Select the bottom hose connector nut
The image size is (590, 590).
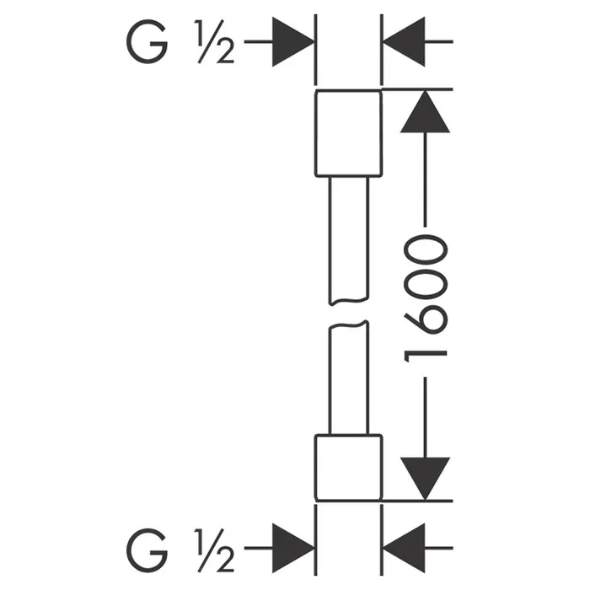(348, 467)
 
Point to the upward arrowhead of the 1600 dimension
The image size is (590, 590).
(422, 111)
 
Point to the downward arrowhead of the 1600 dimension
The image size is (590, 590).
(422, 477)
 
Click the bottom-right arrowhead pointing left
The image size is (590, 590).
(403, 546)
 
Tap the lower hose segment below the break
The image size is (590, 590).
(348, 379)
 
